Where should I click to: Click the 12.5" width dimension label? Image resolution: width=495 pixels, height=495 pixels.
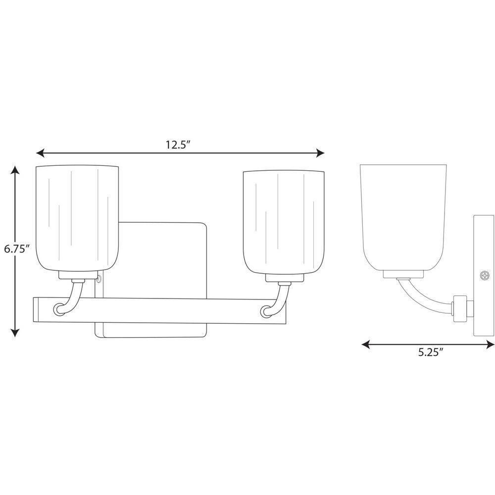coord(178,145)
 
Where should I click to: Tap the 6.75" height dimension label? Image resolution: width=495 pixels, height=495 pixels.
coord(17,249)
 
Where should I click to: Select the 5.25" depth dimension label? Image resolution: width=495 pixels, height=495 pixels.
coord(431,352)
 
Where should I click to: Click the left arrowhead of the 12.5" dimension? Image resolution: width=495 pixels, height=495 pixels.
coord(40,153)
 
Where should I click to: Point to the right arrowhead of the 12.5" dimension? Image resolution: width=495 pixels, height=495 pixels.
coord(320,153)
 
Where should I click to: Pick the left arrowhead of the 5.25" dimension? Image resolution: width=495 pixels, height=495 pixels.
coord(366,345)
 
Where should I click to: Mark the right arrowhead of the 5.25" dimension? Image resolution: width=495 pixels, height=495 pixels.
coord(490,345)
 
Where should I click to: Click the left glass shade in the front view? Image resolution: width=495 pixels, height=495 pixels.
coord(77,218)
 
